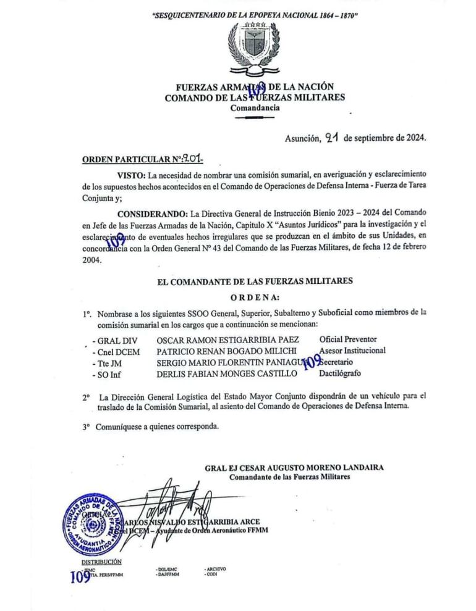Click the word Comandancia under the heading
pos(254,108)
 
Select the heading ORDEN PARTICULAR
pos(126,160)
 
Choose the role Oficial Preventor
pos(347,339)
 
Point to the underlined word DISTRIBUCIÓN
pos(101,562)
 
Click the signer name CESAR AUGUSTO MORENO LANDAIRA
pos(308,468)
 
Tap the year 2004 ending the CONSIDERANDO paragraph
pos(92,259)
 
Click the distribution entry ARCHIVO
pos(216,568)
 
